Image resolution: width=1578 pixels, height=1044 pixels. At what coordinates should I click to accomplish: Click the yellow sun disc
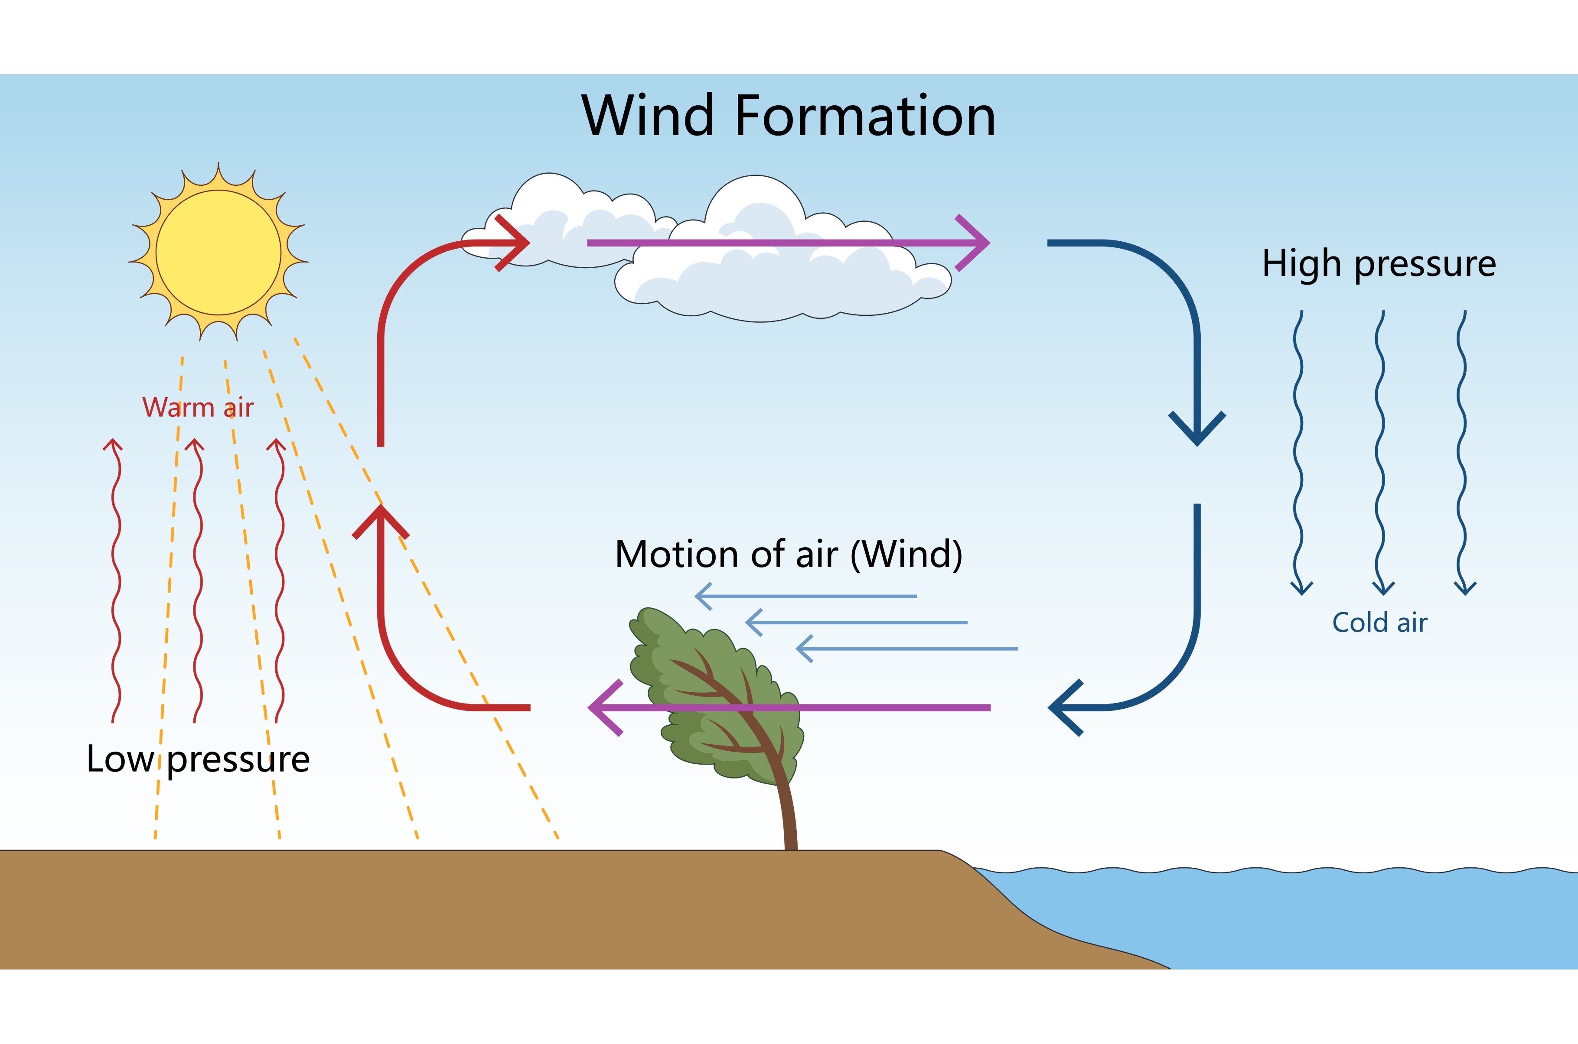pyautogui.click(x=218, y=253)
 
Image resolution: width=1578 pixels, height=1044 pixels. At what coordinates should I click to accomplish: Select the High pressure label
pyautogui.click(x=1379, y=264)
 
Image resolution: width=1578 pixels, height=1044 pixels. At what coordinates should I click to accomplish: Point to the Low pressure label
pyautogui.click(x=198, y=759)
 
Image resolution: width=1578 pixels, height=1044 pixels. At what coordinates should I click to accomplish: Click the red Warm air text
pyautogui.click(x=198, y=408)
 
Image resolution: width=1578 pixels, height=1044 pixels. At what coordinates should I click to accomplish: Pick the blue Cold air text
pyautogui.click(x=1379, y=623)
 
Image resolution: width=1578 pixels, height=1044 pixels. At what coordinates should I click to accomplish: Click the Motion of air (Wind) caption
pyautogui.click(x=789, y=554)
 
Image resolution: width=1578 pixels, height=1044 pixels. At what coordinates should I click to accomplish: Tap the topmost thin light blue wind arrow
pyautogui.click(x=806, y=596)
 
